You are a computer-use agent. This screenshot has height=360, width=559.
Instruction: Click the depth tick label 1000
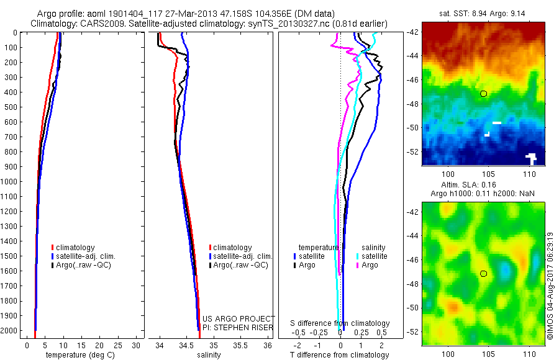[10, 181]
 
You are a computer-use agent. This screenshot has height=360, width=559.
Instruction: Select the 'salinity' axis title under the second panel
[209, 355]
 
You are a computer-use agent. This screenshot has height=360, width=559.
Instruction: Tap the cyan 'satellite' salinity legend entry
[375, 256]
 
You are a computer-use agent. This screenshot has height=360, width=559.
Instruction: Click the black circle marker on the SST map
[484, 94]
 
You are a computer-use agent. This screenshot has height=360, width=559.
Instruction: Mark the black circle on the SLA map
[484, 273]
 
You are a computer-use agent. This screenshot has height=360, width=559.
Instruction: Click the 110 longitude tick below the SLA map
[530, 354]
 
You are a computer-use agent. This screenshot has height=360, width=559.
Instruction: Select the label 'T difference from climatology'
[340, 355]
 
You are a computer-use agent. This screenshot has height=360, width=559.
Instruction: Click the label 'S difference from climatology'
[340, 323]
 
